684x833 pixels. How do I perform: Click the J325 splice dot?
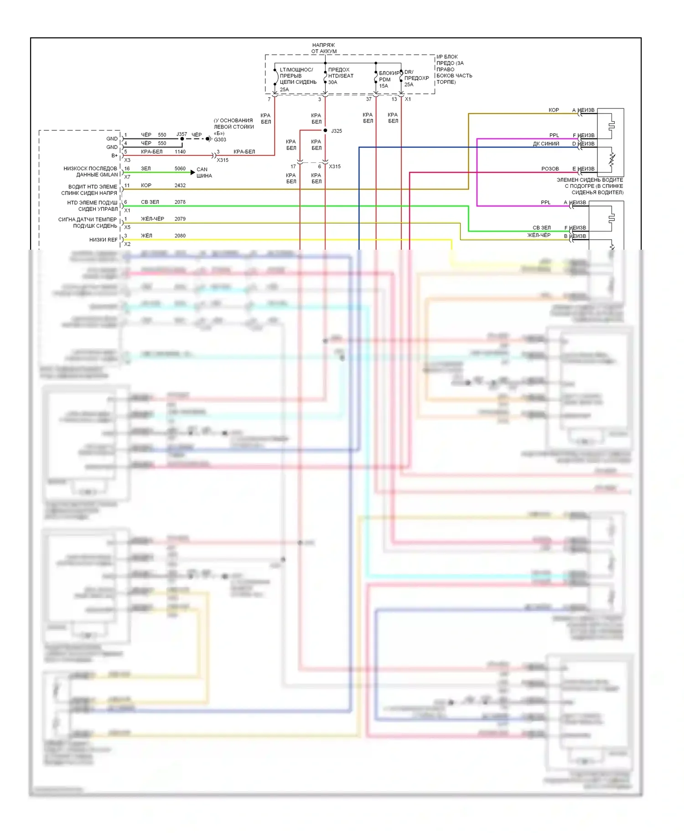point(325,131)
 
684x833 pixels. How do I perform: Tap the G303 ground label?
point(220,140)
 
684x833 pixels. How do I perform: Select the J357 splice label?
point(181,134)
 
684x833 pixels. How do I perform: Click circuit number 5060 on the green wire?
point(180,169)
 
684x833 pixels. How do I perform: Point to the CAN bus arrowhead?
point(193,172)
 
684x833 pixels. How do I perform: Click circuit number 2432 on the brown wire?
point(180,185)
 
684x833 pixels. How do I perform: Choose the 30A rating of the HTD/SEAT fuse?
point(333,82)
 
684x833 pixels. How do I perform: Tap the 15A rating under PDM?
point(383,86)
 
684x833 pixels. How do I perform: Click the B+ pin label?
point(114,155)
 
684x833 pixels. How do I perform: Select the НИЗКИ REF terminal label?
point(103,240)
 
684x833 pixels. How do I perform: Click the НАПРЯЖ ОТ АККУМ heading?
point(324,48)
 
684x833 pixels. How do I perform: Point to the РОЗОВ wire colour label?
point(550,169)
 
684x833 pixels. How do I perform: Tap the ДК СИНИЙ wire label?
point(546,144)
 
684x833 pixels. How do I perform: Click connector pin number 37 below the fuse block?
point(368,99)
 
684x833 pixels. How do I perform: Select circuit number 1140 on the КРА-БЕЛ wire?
point(180,152)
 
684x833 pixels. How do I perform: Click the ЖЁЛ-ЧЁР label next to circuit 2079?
point(152,219)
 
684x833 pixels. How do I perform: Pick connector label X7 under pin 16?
point(127,177)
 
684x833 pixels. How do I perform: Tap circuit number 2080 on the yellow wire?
point(180,236)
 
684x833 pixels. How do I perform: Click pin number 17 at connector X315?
point(293,166)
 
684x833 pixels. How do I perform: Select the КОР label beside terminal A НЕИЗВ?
point(554,110)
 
